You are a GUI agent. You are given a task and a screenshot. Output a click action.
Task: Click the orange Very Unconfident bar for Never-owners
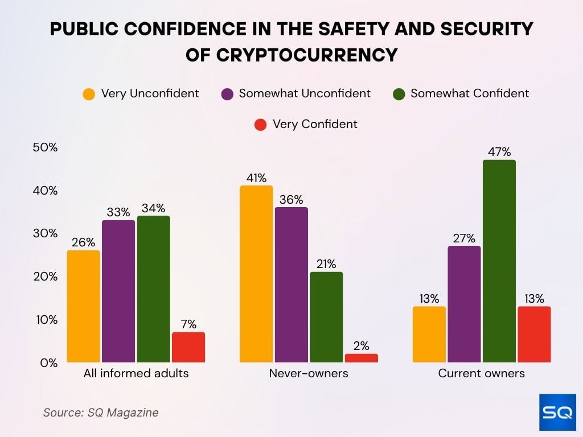pos(256,274)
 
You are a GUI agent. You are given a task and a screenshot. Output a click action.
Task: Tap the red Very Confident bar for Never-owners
pos(361,358)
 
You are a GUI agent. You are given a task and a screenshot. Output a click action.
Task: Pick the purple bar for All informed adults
pos(118,291)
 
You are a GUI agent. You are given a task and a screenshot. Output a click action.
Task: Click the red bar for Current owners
pos(534,334)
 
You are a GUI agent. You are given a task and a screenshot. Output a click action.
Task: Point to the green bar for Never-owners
pos(326,317)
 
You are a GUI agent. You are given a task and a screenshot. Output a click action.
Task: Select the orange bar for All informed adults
pos(83,306)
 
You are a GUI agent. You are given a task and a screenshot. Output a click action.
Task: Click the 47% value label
pos(499,152)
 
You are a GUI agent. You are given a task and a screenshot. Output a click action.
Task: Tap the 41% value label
pos(256,178)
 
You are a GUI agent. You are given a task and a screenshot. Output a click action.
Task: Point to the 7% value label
pos(188,324)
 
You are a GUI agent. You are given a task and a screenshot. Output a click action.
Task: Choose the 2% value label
pos(361,345)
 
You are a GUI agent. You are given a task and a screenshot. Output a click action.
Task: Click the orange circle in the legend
pos(88,94)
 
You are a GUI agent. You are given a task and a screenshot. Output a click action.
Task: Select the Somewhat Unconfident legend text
pos(305,93)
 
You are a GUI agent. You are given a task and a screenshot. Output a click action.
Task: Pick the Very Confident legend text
pos(315,124)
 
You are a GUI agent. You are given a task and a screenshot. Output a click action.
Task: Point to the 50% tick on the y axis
pos(45,147)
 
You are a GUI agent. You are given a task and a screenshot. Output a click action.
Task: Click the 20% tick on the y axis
pos(45,277)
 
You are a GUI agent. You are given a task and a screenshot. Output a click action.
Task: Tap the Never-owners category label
pos(309,374)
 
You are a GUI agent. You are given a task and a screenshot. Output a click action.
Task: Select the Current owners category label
pos(481,374)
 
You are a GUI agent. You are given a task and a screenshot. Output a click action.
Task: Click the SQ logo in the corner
pos(557,413)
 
